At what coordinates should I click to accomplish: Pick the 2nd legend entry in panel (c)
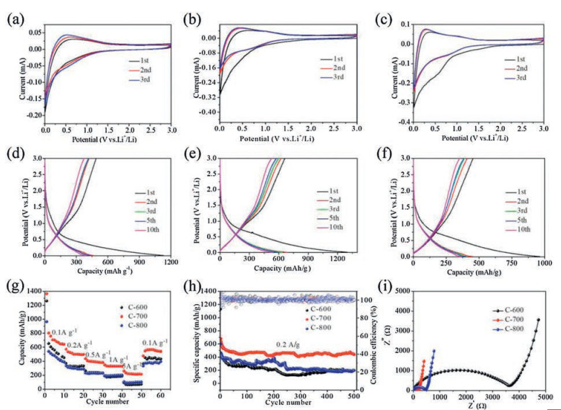coord(525,68)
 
